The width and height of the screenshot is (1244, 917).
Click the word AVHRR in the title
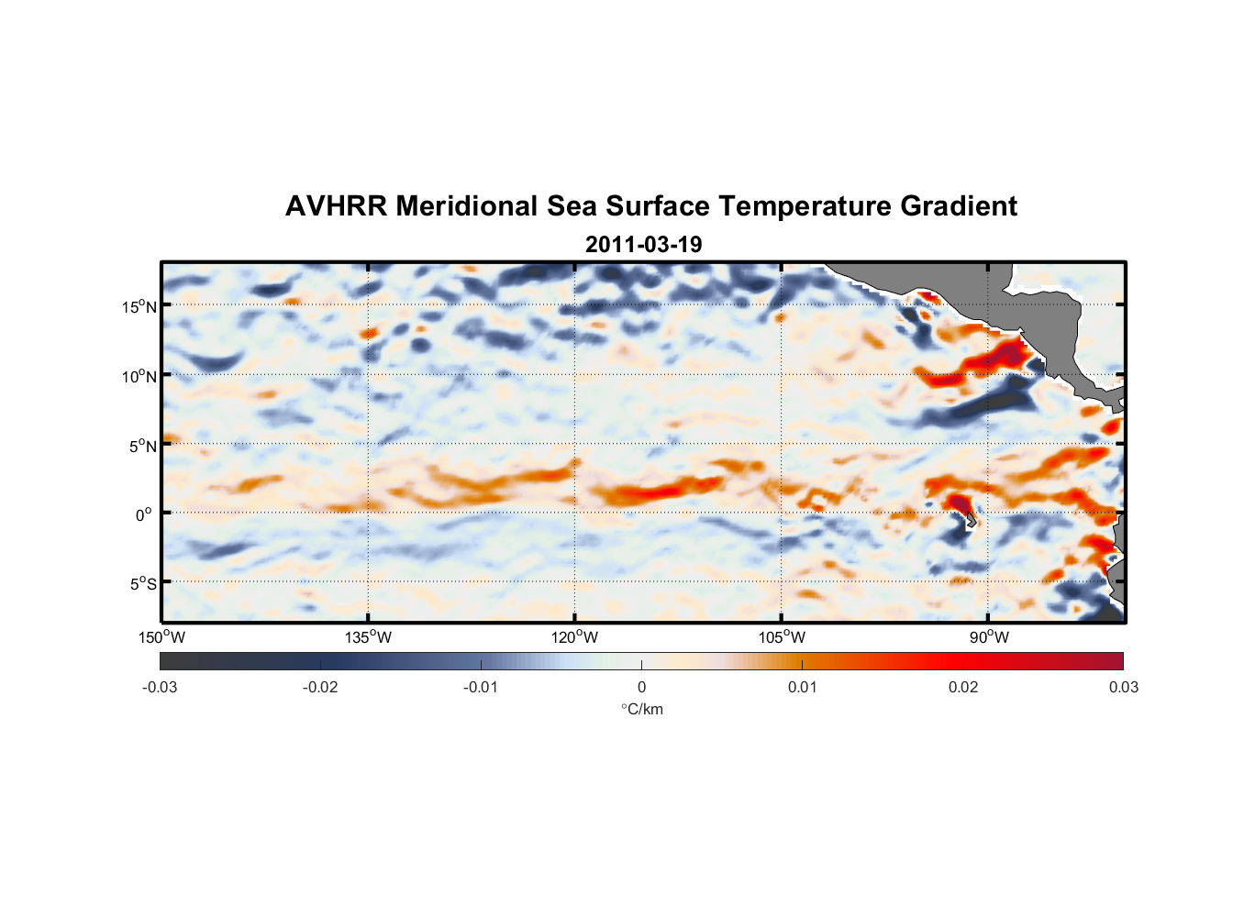point(336,206)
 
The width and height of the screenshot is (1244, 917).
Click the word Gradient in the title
point(959,206)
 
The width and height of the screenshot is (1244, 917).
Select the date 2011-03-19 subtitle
point(643,245)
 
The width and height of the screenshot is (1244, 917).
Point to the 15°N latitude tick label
point(139,306)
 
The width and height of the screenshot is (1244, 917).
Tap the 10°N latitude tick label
point(139,376)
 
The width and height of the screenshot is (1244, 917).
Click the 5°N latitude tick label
point(142,446)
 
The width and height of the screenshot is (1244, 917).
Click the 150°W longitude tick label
point(162,637)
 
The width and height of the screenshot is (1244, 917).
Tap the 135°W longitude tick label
point(369,637)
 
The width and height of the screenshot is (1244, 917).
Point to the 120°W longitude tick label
point(575,637)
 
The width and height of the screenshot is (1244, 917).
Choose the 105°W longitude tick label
point(782,637)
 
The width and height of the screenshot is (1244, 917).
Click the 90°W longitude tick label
point(989,637)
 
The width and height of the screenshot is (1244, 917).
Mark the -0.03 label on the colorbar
point(160,687)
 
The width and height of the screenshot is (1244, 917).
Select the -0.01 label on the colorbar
point(481,687)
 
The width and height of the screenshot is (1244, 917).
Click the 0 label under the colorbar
point(641,687)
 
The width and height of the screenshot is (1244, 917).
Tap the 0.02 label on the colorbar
point(962,687)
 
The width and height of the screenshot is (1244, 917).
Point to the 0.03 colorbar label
point(1123,687)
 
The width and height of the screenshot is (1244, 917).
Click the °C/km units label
point(641,709)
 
